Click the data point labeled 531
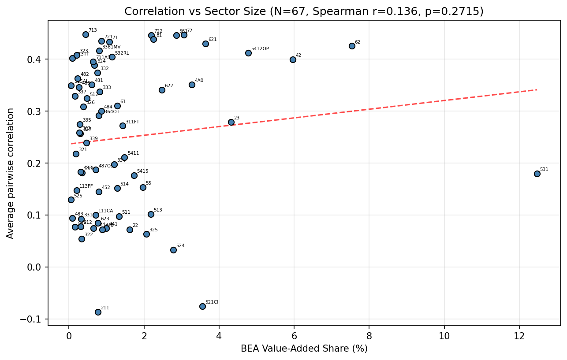point(537,174)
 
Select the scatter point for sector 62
point(352,46)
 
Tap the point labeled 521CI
point(202,306)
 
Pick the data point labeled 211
point(98,312)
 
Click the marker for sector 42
point(293,59)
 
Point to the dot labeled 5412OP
point(248,53)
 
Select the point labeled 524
point(173,250)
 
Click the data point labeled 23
point(231,122)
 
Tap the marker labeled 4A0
point(192,85)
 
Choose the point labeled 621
point(205,44)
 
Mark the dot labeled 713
point(86,34)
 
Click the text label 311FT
point(132,122)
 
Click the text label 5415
point(142,171)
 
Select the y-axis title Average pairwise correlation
point(11,173)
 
